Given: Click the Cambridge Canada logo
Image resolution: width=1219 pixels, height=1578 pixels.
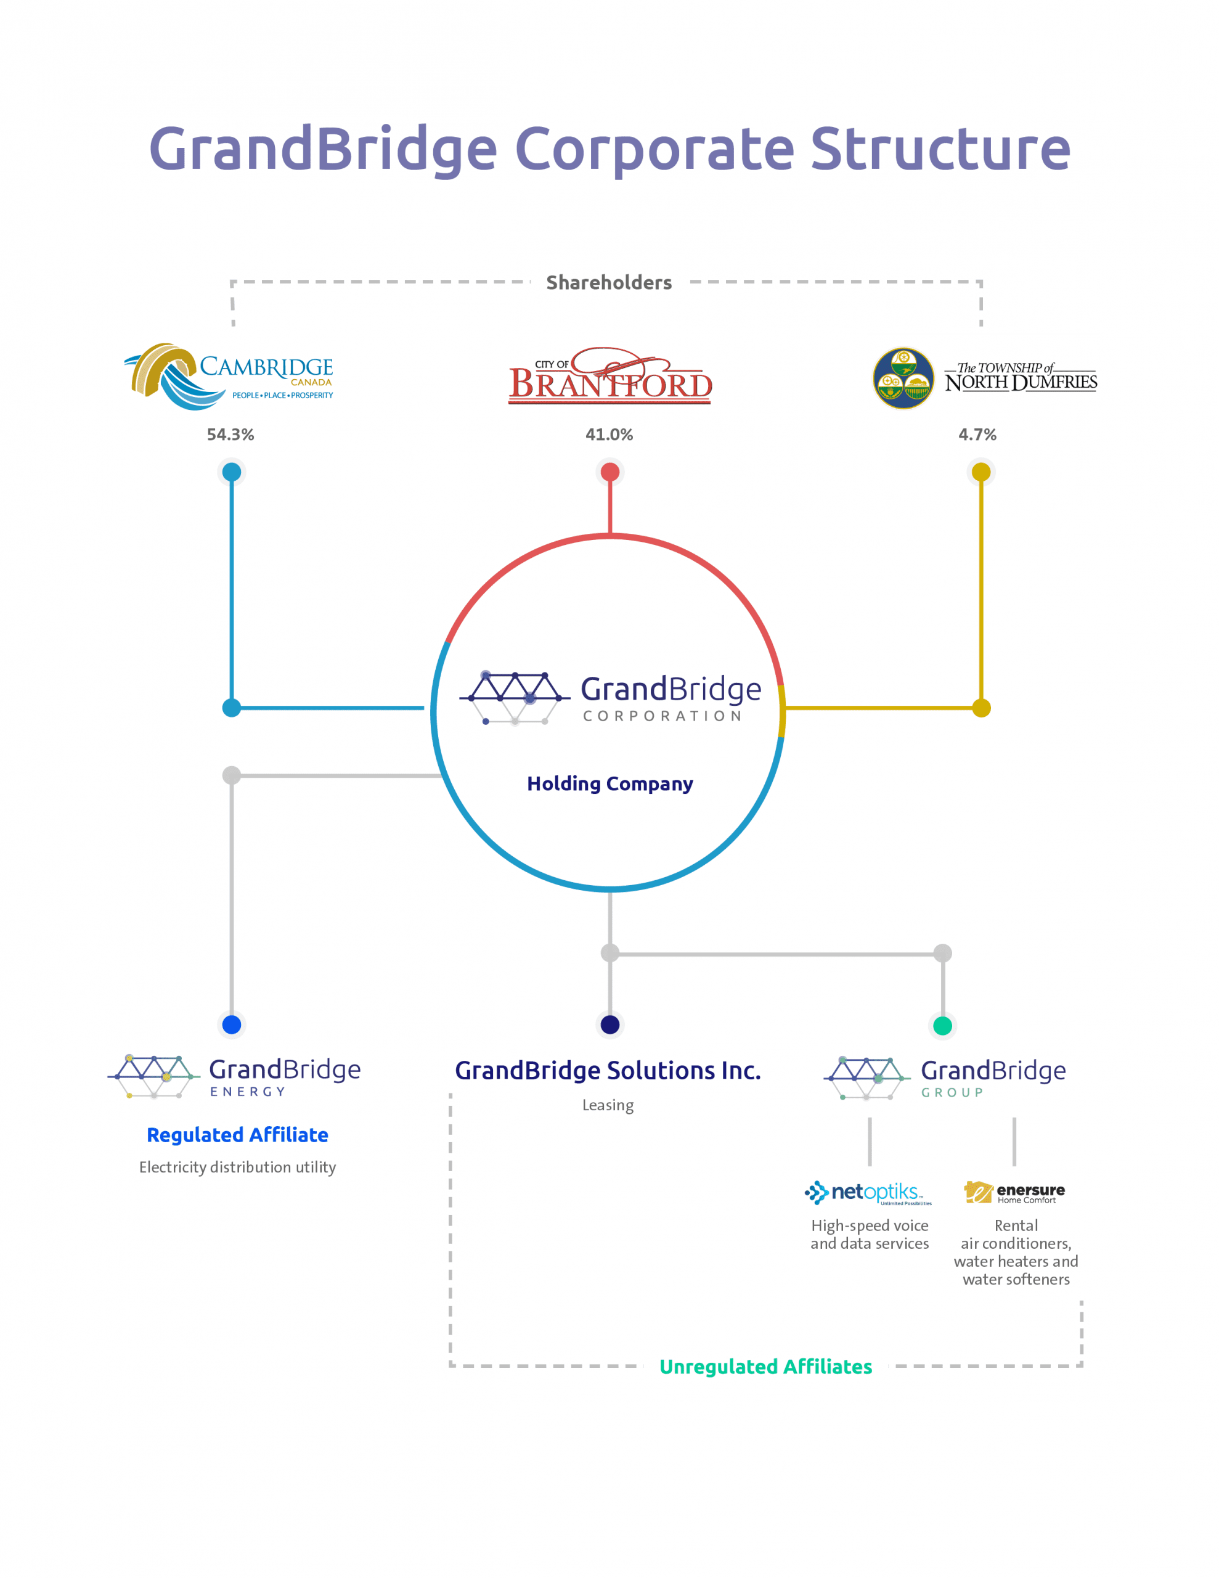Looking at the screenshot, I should pos(229,377).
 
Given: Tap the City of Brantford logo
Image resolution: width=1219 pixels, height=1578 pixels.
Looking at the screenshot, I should pos(610,377).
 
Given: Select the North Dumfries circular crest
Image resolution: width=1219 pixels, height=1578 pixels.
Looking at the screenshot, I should pos(903,378).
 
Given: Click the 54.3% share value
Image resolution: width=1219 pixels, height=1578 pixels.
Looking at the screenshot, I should pos(230,434).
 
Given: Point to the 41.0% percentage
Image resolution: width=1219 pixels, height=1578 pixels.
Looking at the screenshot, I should pos(609,434).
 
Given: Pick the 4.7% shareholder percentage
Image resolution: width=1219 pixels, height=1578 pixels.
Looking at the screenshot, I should pos(977,434).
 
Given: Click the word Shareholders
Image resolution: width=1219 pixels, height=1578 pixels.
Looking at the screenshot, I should pos(609,282).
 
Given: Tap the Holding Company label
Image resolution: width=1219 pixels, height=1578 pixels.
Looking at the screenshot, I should pos(610,783).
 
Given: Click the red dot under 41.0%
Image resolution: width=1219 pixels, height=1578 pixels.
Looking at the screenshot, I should pos(610,472).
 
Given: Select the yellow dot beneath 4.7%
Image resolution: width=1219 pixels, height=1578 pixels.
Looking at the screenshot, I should pos(980,472).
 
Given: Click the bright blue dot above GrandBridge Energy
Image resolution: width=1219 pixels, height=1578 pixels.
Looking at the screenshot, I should pos(231,1024).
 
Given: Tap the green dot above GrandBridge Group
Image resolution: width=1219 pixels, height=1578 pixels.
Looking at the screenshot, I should pos(942,1025).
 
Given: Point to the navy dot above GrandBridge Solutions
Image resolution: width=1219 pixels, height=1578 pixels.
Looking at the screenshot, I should pos(610,1024).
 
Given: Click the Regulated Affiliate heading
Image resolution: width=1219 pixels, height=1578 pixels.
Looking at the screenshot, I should pos(237,1134).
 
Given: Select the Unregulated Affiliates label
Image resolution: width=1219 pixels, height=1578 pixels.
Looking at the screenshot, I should pos(765,1367).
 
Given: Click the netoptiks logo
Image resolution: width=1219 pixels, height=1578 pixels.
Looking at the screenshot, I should pos(868,1192).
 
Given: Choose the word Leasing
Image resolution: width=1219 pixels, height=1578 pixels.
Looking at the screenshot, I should pos(608,1105).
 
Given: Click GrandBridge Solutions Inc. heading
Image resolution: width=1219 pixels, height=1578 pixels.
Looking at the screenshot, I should pos(608,1070).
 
